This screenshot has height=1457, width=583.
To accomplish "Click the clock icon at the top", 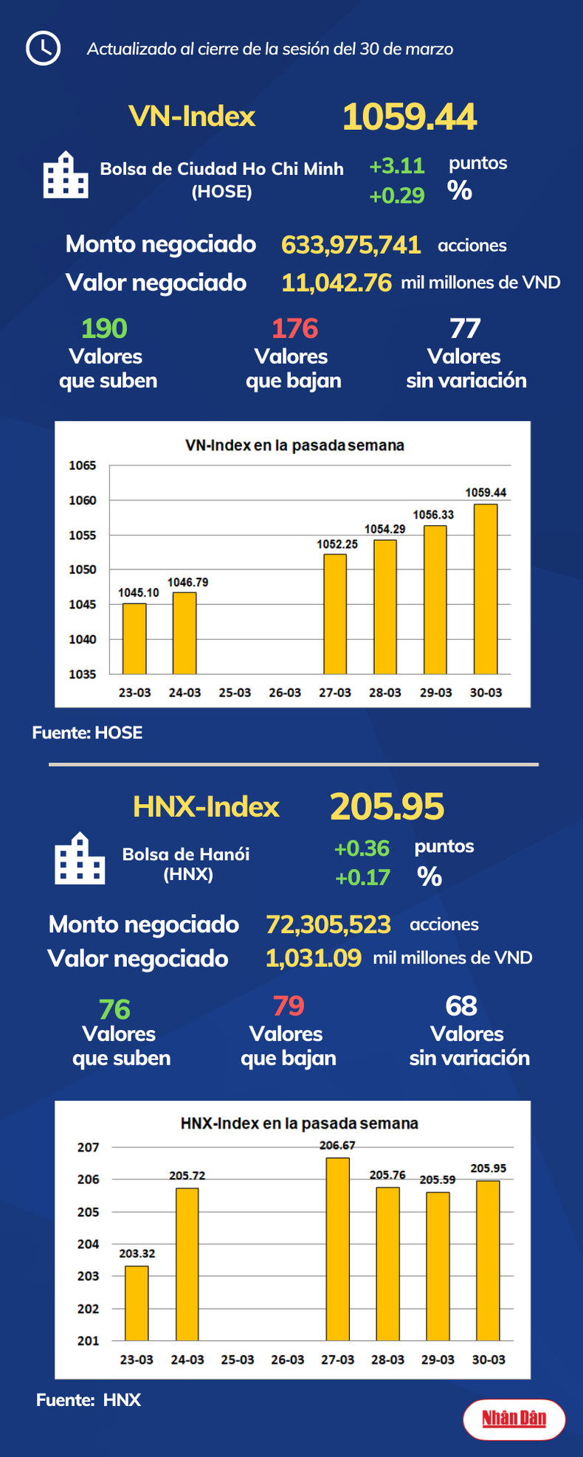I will point(43,49).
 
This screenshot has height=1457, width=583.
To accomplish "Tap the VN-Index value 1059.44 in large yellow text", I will point(410,117).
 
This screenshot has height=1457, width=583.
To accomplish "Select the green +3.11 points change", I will point(397,166).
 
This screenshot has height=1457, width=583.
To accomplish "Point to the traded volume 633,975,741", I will point(351,245).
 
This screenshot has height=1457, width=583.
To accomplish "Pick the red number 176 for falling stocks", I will point(294,328).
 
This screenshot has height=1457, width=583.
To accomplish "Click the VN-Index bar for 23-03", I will point(134,638).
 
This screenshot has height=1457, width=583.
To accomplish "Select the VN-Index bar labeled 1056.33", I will point(435,599).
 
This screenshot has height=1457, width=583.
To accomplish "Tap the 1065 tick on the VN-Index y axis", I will point(83,466).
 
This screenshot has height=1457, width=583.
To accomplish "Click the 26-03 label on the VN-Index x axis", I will point(285,693).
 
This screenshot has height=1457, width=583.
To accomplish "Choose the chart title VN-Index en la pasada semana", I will point(294,446).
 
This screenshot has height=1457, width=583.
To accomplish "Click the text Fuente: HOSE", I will point(87,733).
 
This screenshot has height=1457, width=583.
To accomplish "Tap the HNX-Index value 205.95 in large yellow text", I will point(387,806).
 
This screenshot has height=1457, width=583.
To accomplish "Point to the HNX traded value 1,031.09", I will point(314,958).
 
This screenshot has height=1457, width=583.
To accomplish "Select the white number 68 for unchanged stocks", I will point(461,1006).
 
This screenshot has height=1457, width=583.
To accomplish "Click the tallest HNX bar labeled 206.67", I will point(338,1248).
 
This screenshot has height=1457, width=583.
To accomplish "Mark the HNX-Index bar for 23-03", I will point(137,1303).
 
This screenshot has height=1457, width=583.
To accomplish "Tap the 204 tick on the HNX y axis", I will point(89,1244).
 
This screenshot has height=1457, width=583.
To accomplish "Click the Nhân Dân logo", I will point(514,1419).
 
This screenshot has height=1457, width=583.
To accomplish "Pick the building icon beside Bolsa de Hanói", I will point(80,859).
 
